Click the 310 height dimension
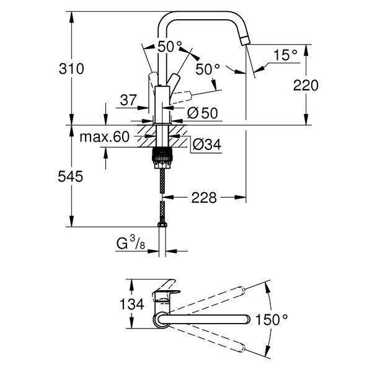71,69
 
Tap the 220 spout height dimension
306,86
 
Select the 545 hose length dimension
71,177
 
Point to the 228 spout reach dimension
204,197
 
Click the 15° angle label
285,55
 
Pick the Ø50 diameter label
202,113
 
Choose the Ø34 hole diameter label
207,144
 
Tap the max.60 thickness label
104,137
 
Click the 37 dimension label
128,100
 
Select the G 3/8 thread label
131,243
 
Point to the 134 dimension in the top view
132,304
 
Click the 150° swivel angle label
272,319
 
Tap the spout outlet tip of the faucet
245,41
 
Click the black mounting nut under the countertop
161,156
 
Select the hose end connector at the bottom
162,224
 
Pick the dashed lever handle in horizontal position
182,97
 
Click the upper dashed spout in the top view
207,300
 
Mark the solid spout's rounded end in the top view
247,319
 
